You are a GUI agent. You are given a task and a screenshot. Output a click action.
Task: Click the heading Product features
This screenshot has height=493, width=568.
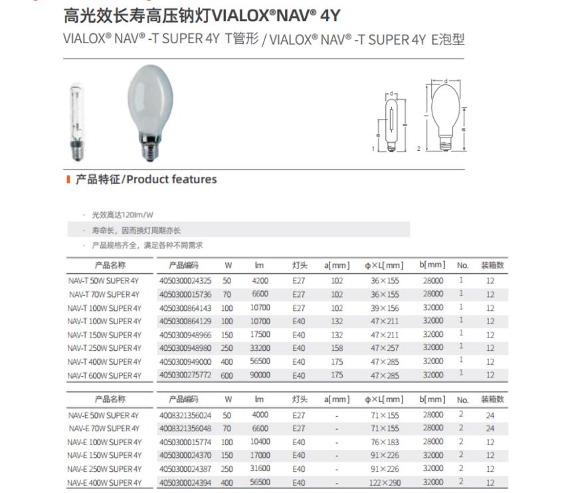(146, 179)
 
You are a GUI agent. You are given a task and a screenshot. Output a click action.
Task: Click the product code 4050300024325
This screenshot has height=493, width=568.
(185, 281)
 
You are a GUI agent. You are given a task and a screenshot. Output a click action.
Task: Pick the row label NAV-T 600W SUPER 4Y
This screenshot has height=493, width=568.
(104, 376)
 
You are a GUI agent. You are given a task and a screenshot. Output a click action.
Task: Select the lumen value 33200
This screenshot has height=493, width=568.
(260, 348)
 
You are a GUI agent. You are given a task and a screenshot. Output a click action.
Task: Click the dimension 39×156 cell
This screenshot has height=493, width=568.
(385, 308)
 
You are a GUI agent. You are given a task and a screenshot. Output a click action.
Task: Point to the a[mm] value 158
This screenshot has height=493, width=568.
(337, 348)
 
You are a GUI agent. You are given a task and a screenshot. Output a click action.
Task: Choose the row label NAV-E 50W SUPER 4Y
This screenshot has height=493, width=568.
(104, 415)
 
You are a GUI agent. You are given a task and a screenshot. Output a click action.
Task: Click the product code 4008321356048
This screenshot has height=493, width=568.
(185, 429)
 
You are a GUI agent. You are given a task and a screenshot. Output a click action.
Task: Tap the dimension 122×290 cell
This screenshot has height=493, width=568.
(385, 483)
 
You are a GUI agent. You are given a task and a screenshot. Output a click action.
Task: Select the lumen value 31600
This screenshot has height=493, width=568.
(260, 469)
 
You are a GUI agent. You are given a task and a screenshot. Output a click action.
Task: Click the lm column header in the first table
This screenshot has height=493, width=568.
(260, 266)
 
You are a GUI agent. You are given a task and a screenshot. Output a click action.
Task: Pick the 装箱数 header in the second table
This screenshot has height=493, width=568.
(492, 399)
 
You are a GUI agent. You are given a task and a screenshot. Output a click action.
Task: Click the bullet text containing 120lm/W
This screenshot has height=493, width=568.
(122, 215)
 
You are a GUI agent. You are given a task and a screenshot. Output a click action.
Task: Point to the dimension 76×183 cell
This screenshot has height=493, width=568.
(385, 443)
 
